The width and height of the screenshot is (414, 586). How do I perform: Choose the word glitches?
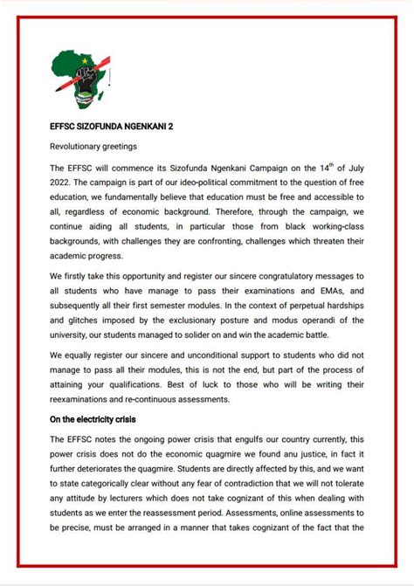click(86, 323)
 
